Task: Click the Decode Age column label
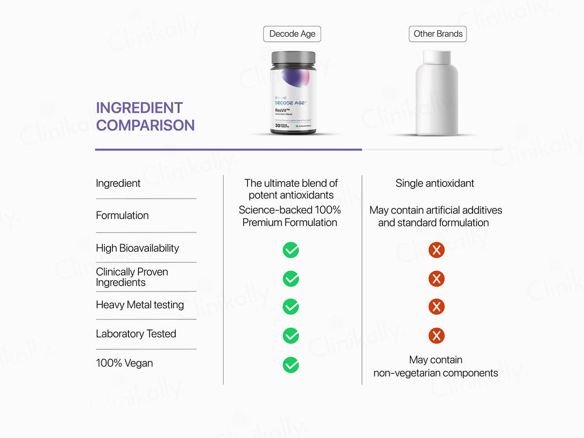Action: pos(292,34)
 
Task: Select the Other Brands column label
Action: pos(437,34)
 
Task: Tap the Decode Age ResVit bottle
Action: pos(293,96)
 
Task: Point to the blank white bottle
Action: pos(436,93)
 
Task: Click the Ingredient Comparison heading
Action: pos(145,116)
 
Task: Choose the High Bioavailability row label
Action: pos(137,248)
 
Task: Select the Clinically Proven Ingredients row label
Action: pos(132,277)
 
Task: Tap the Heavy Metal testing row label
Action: pos(140,305)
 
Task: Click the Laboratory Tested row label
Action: pos(136,334)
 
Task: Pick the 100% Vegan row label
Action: pos(124,363)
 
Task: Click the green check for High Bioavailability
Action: pos(291,250)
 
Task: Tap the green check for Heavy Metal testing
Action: pos(291,307)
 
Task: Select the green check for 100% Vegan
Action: pos(291,365)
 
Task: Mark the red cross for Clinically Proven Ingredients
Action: pos(436,279)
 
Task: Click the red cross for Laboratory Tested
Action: pos(436,336)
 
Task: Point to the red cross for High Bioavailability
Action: pos(436,250)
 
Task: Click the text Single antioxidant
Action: pos(435,183)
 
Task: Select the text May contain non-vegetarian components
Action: pos(436,366)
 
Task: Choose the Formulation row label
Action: pos(122,215)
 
